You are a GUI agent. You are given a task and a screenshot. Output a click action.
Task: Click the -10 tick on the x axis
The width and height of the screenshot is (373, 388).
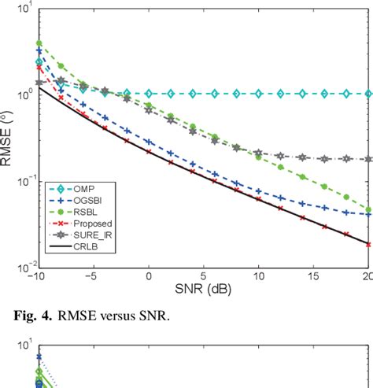point(39,279)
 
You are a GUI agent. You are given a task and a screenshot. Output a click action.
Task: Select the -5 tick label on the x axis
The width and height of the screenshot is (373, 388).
point(93,279)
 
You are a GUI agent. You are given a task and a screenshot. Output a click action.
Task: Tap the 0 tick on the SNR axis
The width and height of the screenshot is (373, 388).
point(149,279)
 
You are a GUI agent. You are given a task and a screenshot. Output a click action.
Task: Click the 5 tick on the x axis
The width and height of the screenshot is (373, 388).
point(204,279)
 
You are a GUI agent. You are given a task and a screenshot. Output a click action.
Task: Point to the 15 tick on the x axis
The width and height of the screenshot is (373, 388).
point(314,279)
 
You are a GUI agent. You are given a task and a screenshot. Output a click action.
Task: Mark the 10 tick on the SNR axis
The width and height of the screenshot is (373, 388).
point(259,279)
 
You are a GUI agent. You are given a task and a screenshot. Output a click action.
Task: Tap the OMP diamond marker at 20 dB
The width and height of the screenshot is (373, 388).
point(368,94)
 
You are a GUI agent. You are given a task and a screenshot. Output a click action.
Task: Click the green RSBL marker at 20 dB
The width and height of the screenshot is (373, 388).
point(368,210)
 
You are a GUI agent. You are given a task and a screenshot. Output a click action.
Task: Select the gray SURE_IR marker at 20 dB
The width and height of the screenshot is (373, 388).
point(368,159)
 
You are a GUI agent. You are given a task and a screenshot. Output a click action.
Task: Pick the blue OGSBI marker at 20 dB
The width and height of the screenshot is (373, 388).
point(368,214)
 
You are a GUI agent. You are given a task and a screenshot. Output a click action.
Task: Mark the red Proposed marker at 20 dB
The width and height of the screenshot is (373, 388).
point(368,244)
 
